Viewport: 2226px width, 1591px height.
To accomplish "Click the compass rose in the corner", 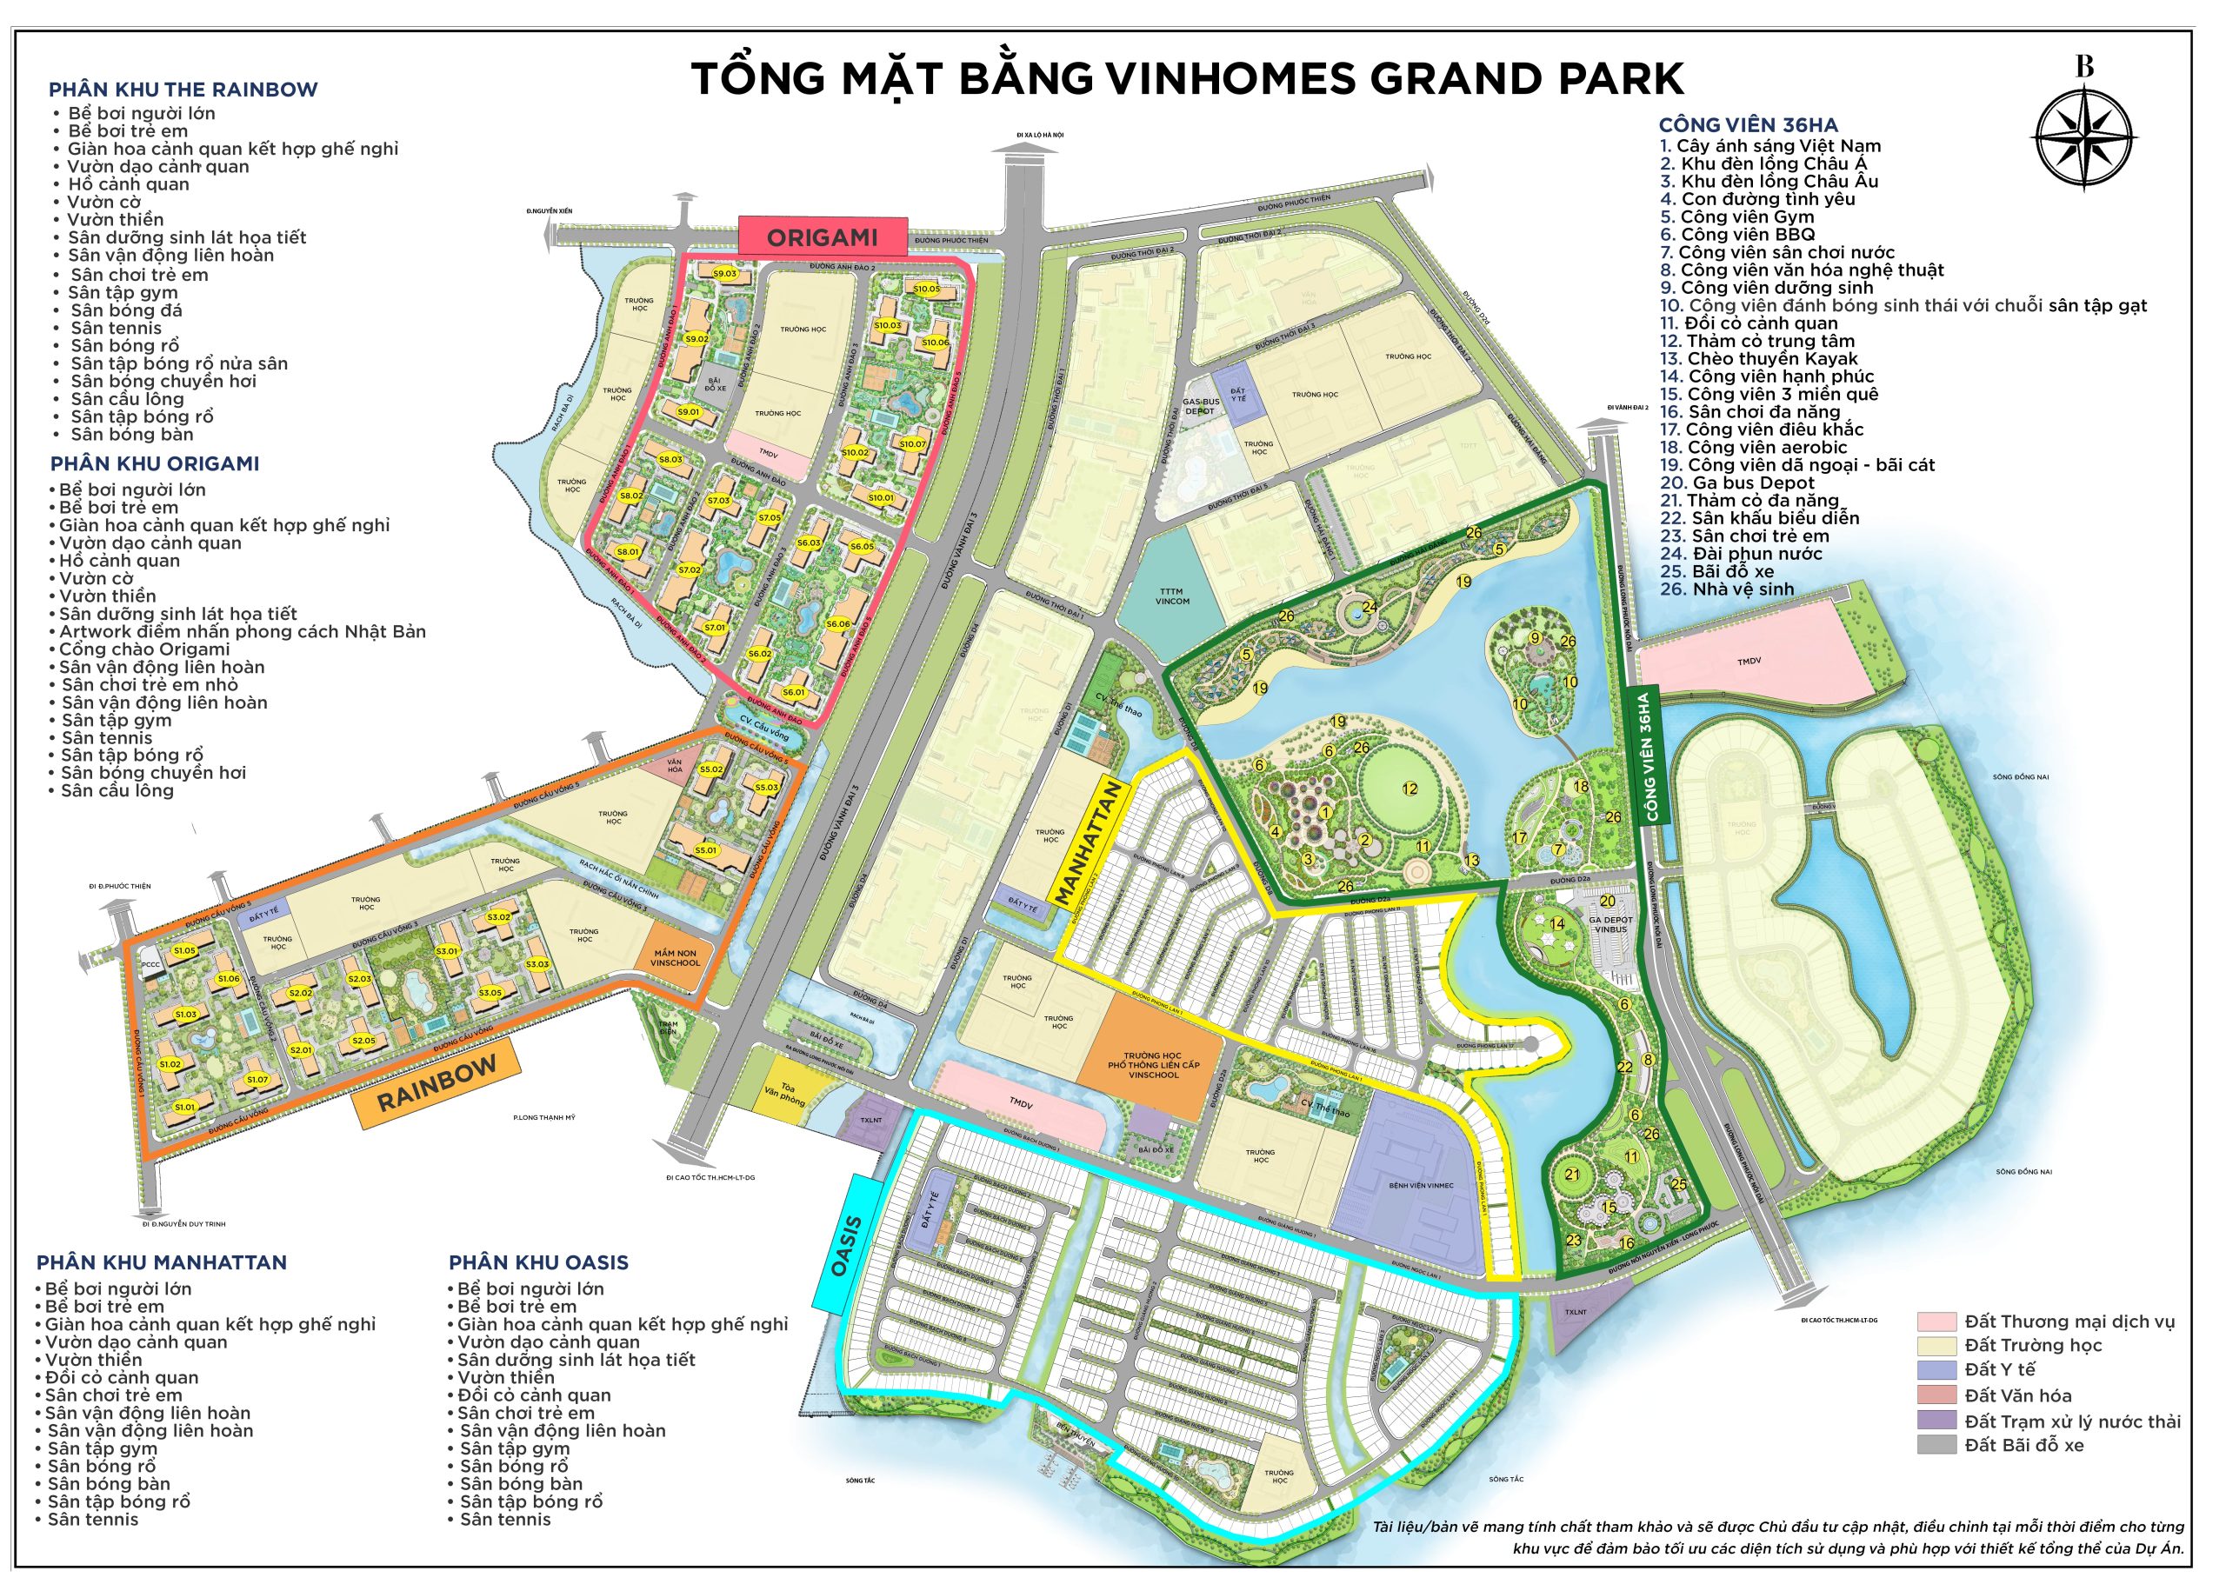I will [2084, 136].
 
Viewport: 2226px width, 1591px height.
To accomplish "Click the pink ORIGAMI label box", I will [822, 237].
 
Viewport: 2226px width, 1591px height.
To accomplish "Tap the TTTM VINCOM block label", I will [1172, 596].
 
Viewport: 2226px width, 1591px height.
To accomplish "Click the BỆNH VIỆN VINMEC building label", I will [1421, 1185].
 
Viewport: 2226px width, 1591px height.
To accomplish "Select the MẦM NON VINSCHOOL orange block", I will [675, 957].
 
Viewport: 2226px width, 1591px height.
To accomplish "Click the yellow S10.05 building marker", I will [926, 289].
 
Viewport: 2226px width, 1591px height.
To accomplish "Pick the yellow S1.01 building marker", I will [184, 1107].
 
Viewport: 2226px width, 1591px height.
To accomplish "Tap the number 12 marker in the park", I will [1409, 788].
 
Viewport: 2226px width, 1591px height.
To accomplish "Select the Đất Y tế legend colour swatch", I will [1936, 1369].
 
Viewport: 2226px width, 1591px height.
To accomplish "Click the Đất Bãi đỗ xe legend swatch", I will [1936, 1445].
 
